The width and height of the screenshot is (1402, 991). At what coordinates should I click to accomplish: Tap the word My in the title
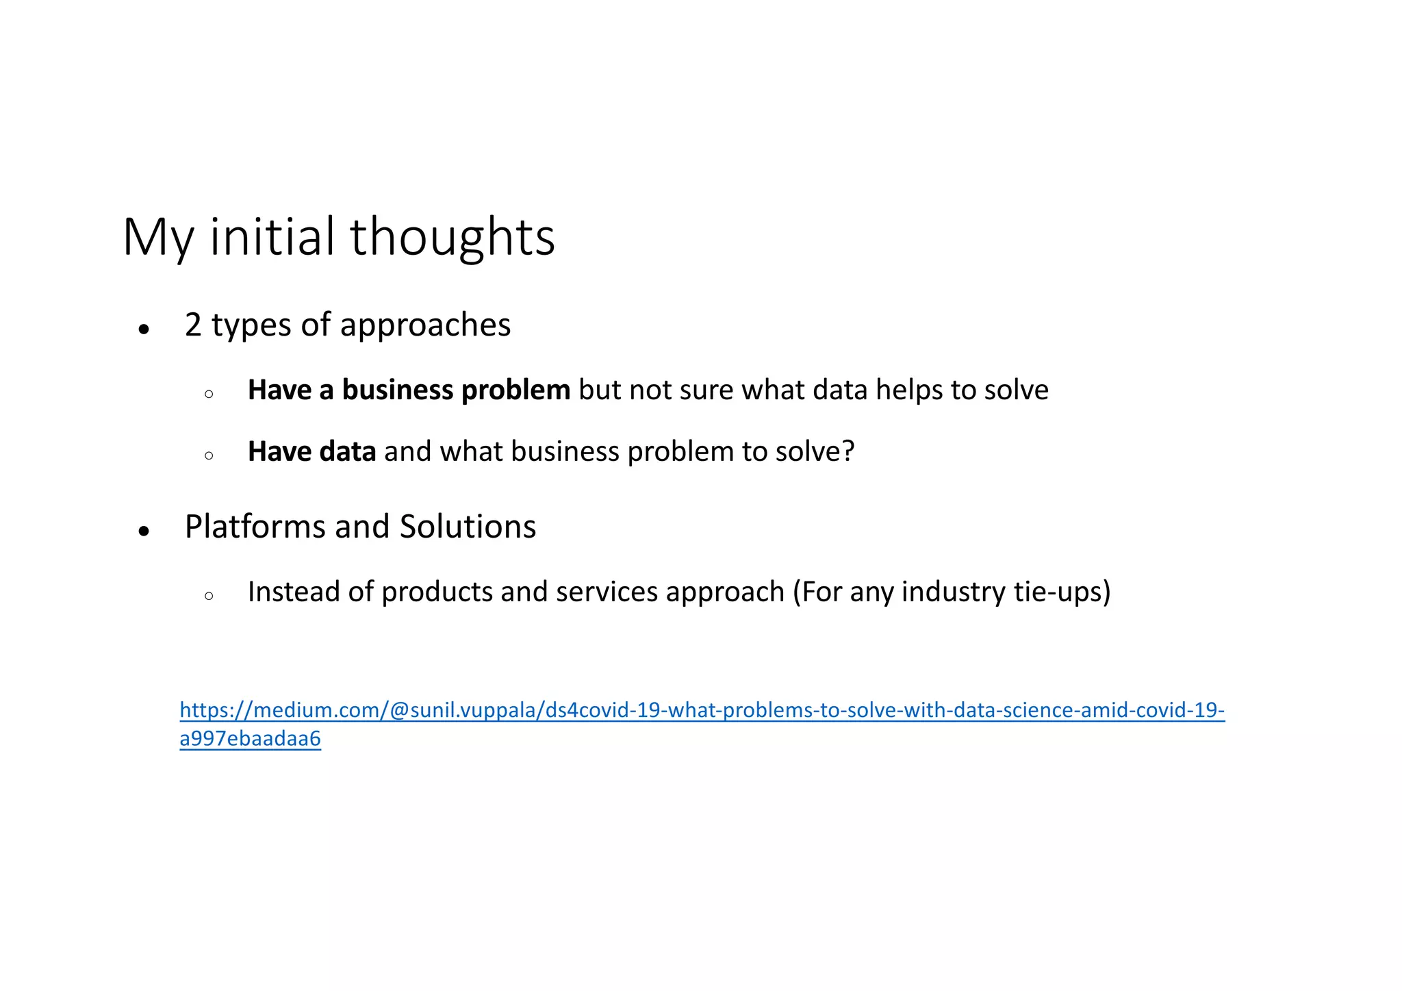click(157, 237)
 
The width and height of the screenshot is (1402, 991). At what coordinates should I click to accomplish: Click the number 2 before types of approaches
click(193, 325)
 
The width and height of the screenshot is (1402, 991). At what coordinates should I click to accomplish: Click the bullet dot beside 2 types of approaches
click(144, 329)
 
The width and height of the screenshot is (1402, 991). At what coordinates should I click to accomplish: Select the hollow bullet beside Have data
click(209, 455)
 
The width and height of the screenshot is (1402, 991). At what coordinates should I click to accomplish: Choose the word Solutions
click(468, 527)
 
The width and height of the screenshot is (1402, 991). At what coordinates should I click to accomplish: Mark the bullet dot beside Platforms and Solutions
click(144, 531)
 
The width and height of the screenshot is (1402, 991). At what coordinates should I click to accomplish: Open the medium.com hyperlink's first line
click(702, 710)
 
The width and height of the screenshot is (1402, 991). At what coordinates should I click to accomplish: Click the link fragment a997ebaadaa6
click(250, 739)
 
